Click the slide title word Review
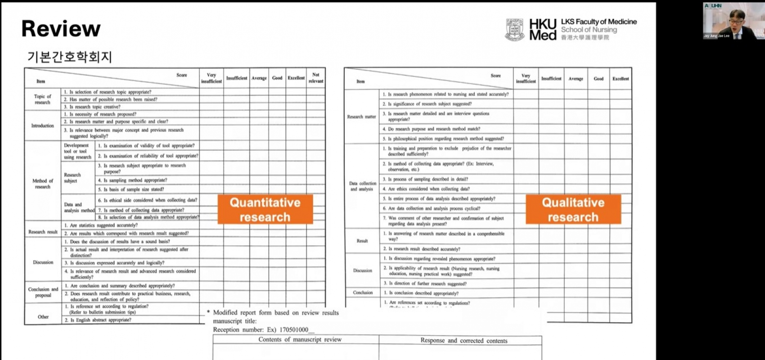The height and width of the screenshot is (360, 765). tap(61, 29)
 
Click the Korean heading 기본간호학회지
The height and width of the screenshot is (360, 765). tap(69, 57)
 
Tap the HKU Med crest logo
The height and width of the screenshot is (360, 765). tap(515, 30)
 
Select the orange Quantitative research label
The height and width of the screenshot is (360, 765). tap(265, 210)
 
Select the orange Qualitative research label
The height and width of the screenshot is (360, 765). tap(573, 210)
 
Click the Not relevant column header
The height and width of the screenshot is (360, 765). tap(315, 78)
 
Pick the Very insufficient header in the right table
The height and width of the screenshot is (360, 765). tap(526, 78)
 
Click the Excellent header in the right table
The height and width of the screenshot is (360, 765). tap(621, 79)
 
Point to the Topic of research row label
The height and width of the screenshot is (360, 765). tap(42, 99)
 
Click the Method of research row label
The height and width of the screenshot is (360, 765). tap(43, 184)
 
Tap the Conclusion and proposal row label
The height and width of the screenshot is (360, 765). tap(43, 292)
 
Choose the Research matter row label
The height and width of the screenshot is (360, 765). tap(361, 117)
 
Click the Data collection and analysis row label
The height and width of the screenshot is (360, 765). tap(362, 186)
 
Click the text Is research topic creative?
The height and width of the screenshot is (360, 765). tap(95, 107)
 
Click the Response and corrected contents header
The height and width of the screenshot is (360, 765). tap(464, 341)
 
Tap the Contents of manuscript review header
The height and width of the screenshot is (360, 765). tap(300, 340)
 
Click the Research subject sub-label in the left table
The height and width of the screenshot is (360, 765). tap(72, 178)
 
